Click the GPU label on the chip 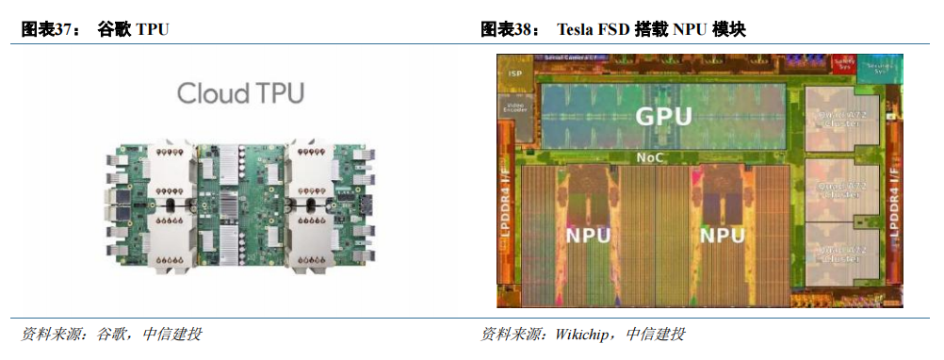coord(663,116)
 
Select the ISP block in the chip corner coord(515,74)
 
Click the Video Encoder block coord(516,107)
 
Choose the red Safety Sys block coord(842,65)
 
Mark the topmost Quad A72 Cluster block coord(842,117)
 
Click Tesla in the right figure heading coord(577,29)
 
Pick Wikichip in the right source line coord(581,335)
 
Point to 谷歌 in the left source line coord(111,335)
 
